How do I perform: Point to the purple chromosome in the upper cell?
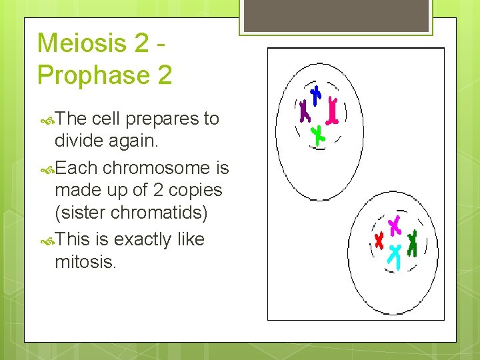click(305, 111)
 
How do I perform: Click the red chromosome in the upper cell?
click(331, 111)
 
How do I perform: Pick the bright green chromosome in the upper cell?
click(319, 135)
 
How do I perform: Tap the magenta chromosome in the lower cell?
click(395, 226)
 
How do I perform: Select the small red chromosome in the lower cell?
click(379, 240)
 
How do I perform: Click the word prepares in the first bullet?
click(155, 119)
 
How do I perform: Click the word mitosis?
click(85, 261)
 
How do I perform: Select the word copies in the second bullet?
click(195, 190)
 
